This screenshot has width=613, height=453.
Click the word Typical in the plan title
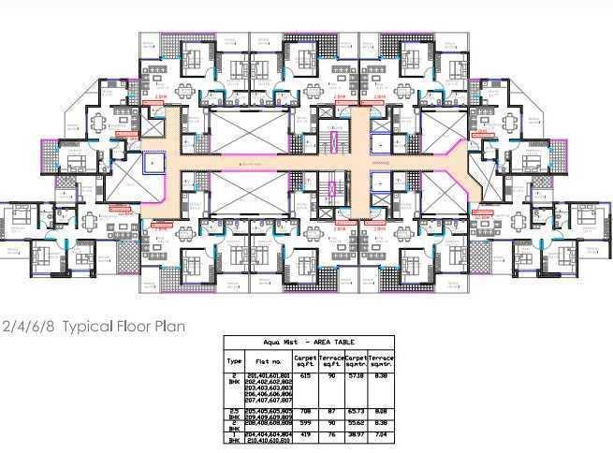point(87,327)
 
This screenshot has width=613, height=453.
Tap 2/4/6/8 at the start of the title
point(28,327)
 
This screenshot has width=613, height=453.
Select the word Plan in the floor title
point(169,327)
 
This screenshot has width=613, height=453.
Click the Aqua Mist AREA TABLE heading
point(308,343)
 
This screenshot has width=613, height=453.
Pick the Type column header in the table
point(234,360)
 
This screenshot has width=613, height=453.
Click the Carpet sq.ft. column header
point(306,360)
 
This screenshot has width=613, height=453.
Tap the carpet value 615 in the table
point(305,375)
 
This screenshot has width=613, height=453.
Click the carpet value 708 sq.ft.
point(305,411)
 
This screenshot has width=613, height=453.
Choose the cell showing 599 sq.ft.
point(305,423)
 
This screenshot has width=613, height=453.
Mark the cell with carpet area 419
point(305,435)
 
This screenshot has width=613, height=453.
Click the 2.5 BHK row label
point(234,414)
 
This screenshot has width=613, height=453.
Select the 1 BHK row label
point(234,438)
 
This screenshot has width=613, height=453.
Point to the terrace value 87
point(332,411)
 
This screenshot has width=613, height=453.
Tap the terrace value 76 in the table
point(332,435)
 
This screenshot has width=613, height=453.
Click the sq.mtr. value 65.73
point(356,411)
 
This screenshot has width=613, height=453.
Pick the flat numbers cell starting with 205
point(268,414)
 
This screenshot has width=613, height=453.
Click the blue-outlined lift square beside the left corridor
point(153,164)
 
